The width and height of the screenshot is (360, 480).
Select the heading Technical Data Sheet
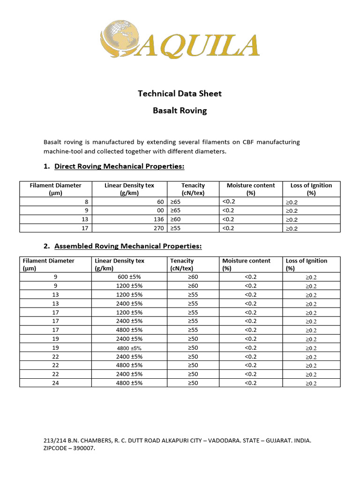coord(180,93)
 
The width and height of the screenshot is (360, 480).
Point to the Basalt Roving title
coord(180,111)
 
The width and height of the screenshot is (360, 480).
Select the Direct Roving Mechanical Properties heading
coord(120,166)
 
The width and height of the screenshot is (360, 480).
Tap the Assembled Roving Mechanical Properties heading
coord(128,246)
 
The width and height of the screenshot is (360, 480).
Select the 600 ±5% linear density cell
coord(129,277)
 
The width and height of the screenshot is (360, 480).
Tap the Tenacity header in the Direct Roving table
coord(193,189)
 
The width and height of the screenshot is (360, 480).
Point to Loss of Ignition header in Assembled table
coord(306,264)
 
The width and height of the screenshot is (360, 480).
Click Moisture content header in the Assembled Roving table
coord(246,264)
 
